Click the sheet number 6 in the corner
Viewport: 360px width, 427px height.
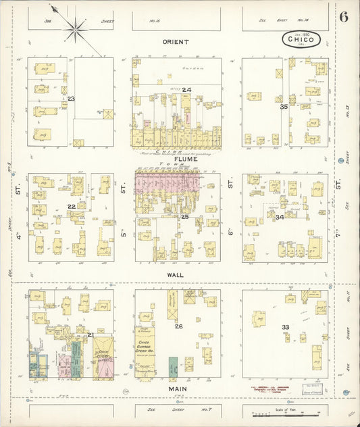(x=344, y=17)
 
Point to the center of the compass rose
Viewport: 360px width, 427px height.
(x=74, y=28)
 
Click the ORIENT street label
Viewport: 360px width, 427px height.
(x=176, y=42)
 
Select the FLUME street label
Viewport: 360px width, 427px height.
(x=176, y=159)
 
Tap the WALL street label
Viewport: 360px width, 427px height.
(x=176, y=276)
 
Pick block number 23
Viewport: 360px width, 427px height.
(x=70, y=99)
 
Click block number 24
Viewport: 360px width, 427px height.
(x=186, y=90)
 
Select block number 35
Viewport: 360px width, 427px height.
(x=284, y=106)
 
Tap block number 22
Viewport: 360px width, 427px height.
(x=71, y=207)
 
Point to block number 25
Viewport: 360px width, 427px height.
(x=184, y=216)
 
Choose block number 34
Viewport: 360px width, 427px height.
(x=280, y=217)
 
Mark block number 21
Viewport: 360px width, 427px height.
(x=90, y=334)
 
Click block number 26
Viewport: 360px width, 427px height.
(x=178, y=326)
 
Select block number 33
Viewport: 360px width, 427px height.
(x=285, y=327)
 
